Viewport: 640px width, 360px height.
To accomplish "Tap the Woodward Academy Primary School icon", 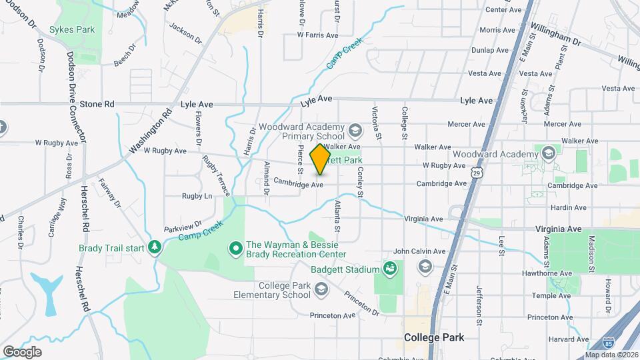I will (355, 129).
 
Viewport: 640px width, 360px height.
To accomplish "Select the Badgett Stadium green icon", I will (391, 269).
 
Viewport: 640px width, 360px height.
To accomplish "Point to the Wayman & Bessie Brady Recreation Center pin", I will (235, 249).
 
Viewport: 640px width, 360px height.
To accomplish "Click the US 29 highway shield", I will (476, 173).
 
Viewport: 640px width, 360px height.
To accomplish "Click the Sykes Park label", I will (72, 29).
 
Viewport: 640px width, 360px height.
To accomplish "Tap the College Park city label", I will (434, 337).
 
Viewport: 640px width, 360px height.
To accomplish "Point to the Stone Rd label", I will (97, 104).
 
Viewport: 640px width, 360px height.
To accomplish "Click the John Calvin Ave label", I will (419, 251).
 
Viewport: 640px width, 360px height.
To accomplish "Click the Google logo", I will (23, 351).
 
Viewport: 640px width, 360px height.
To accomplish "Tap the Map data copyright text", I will (611, 355).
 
